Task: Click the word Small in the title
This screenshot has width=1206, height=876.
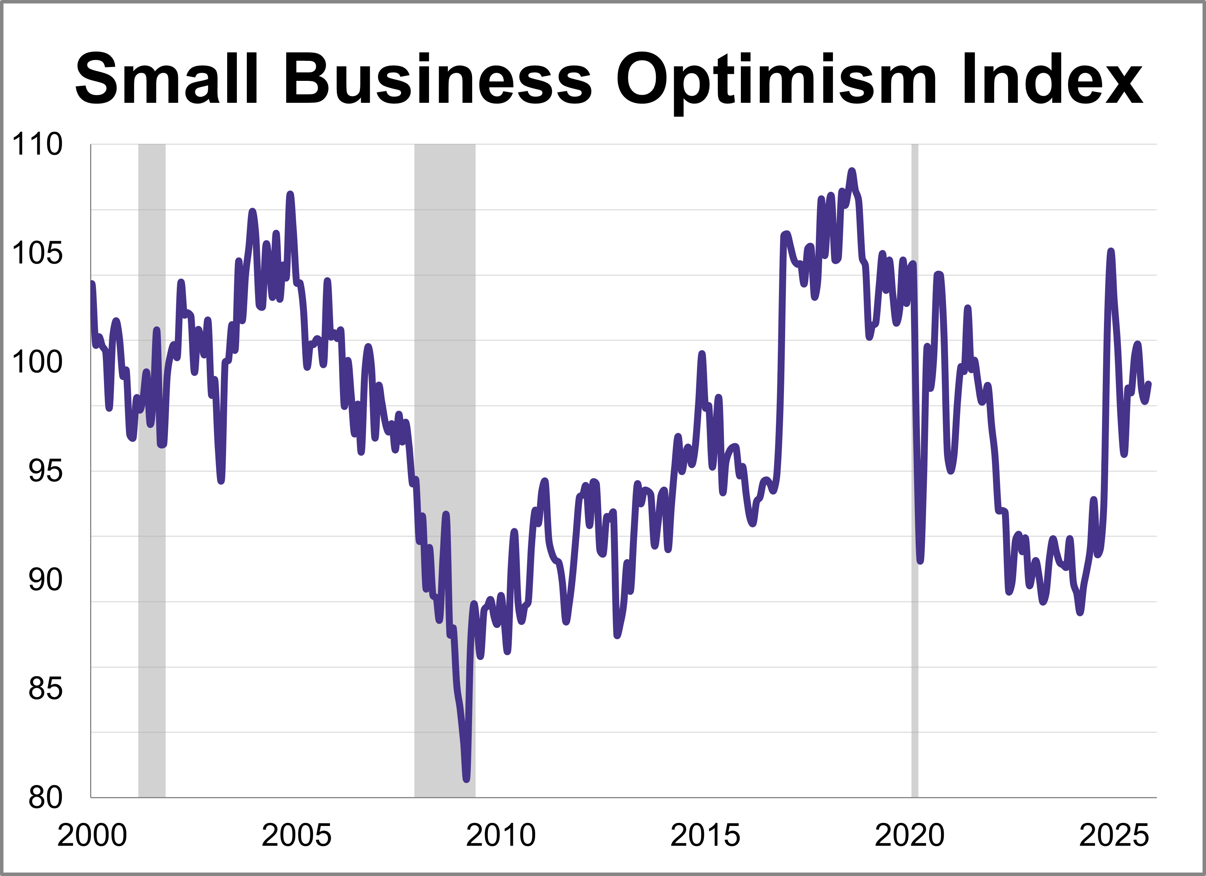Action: tap(166, 80)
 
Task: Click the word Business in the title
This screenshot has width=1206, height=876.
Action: tap(438, 80)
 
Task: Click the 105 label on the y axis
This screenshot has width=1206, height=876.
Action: tap(37, 253)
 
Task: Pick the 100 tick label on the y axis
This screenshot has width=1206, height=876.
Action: tap(37, 362)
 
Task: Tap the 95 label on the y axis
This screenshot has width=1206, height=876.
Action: tap(45, 471)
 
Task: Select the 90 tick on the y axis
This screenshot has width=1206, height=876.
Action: tap(45, 580)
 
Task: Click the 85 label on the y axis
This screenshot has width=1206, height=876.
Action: tap(45, 689)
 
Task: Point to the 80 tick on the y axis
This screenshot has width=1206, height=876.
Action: tap(45, 798)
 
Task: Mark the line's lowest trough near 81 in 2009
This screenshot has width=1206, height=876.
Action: tap(466, 780)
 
